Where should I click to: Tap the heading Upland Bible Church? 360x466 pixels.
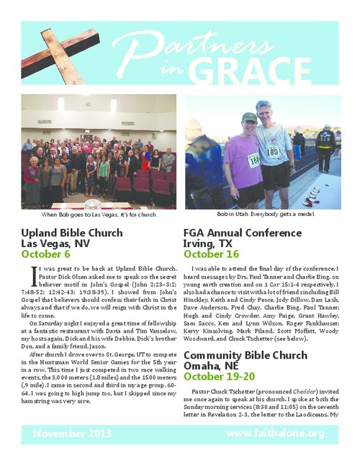(x=72, y=233)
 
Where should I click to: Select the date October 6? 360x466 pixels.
(x=46, y=254)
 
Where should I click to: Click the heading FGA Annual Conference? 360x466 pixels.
(x=241, y=233)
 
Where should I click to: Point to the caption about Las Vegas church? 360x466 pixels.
(x=99, y=215)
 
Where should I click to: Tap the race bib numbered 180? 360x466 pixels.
(x=272, y=152)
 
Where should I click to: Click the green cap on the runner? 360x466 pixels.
(x=249, y=117)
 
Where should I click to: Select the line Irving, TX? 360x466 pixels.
(x=209, y=243)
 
